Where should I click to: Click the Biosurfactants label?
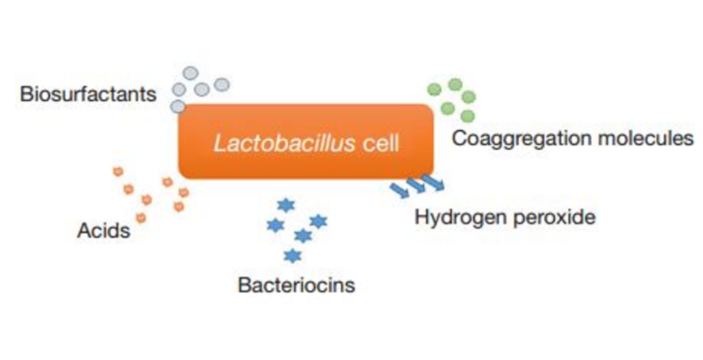pyautogui.click(x=88, y=94)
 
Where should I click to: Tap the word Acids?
pyautogui.click(x=103, y=230)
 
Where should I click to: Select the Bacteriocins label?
pyautogui.click(x=296, y=285)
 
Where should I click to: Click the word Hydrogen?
pyautogui.click(x=459, y=217)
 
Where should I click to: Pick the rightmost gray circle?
pyautogui.click(x=222, y=85)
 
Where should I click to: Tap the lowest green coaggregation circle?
pyautogui.click(x=467, y=116)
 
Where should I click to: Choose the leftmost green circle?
pyautogui.click(x=434, y=89)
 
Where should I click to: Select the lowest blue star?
pyautogui.click(x=293, y=256)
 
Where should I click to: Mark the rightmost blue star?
pyautogui.click(x=318, y=221)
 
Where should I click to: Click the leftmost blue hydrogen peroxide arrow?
pyautogui.click(x=399, y=189)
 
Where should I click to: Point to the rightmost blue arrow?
pyautogui.click(x=433, y=182)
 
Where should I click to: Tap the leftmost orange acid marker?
pyautogui.click(x=118, y=172)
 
